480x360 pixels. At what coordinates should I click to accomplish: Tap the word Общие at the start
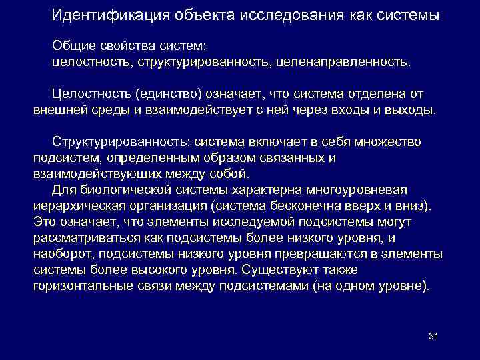71,46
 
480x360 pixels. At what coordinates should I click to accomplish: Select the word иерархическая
79,205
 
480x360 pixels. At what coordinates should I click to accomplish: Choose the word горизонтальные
80,285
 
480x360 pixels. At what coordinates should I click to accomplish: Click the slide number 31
433,335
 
